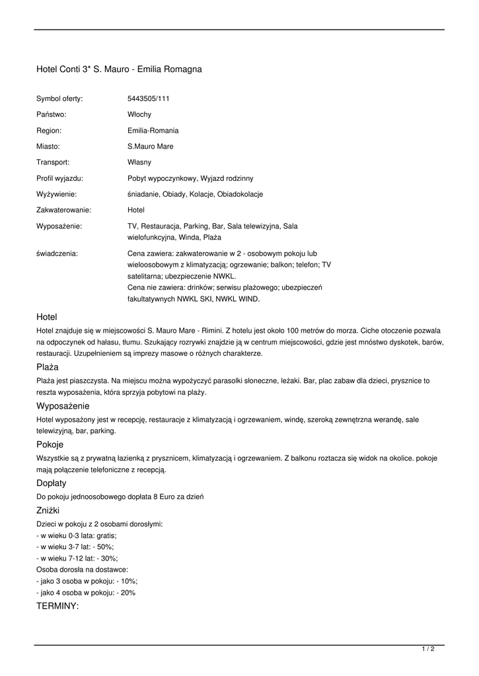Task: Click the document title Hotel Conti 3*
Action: [x=119, y=69]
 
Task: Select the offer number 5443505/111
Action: [x=148, y=98]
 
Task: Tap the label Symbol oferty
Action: [x=59, y=98]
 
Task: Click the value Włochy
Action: [x=139, y=114]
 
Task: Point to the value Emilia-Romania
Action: [x=153, y=131]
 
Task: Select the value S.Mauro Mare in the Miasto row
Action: [x=150, y=147]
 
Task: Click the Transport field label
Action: [x=53, y=162]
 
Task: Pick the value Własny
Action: [x=139, y=162]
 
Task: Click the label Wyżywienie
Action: [x=56, y=194]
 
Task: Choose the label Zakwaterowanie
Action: [x=63, y=210]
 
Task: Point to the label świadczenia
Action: [x=57, y=253]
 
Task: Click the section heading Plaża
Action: [x=48, y=366]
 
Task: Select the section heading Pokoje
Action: [x=50, y=444]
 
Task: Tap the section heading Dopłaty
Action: [x=51, y=483]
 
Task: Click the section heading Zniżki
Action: [x=48, y=510]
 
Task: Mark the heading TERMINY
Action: [x=57, y=605]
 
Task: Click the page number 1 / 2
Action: [x=427, y=650]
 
